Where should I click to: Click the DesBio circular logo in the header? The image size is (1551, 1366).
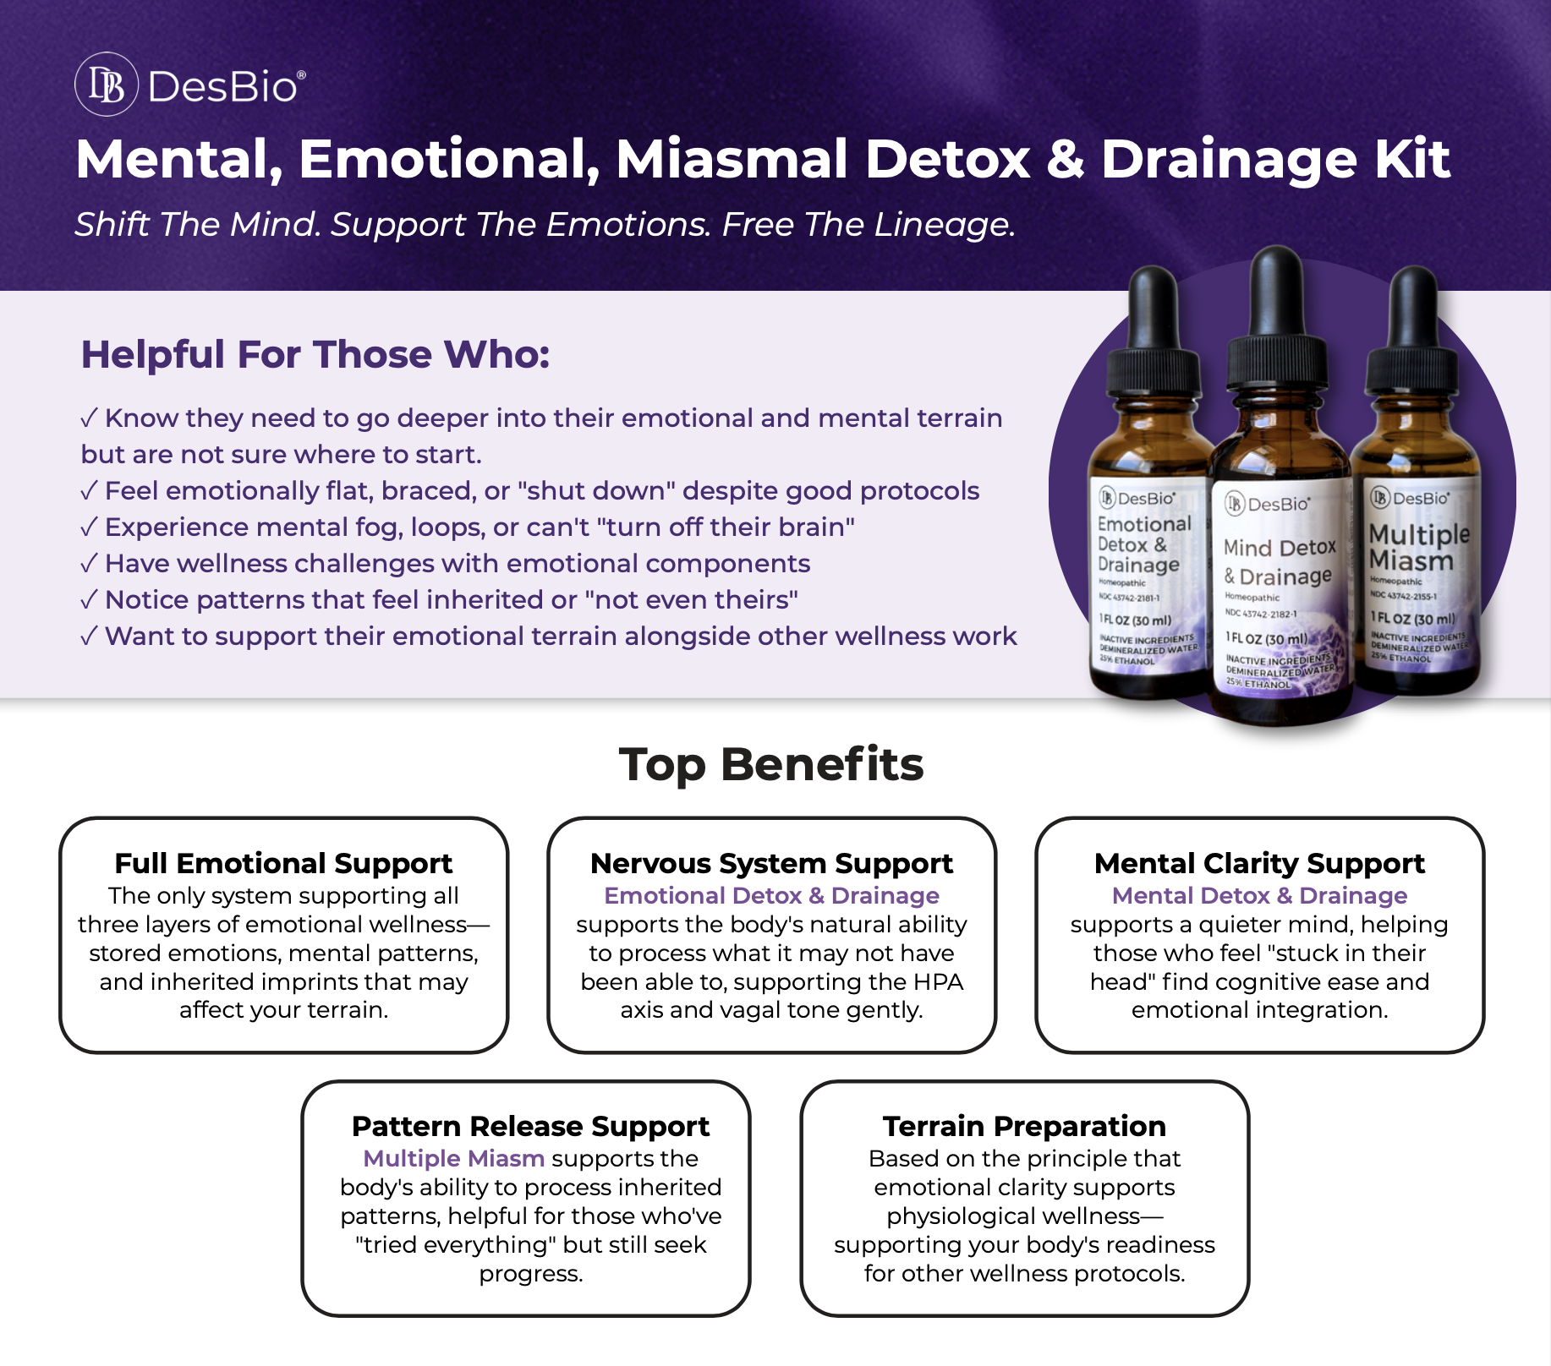click(107, 85)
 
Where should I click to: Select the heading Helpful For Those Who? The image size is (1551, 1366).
click(315, 354)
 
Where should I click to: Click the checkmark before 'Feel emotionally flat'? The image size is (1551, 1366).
click(89, 491)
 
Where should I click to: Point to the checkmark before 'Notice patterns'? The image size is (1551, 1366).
click(89, 600)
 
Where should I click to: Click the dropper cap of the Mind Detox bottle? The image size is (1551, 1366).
click(1275, 296)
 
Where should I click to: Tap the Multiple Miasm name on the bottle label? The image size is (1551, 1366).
click(1417, 547)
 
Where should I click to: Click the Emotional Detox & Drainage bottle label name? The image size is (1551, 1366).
click(1142, 544)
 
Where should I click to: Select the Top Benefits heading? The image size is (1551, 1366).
click(771, 765)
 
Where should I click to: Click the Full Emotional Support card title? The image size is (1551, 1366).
click(283, 863)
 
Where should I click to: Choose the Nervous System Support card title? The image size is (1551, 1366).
click(771, 863)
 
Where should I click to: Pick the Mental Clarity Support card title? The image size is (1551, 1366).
click(1259, 863)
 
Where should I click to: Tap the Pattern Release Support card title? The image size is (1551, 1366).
click(530, 1126)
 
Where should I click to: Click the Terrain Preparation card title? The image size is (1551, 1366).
click(1024, 1126)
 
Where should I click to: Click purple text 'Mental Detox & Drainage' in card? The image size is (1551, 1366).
click(1259, 895)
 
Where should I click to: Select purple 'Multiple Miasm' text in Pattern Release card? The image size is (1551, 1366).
click(454, 1158)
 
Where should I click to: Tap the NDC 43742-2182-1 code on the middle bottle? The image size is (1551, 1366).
click(1261, 614)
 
